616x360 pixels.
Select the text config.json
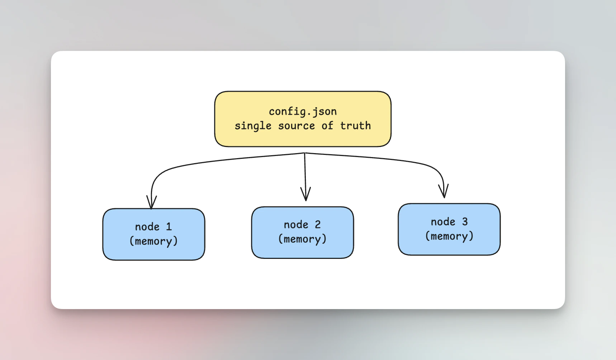pos(303,112)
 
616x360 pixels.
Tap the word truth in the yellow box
pos(355,126)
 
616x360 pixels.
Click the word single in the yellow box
pos(253,126)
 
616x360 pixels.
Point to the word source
pos(296,126)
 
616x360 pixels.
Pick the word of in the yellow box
pos(327,126)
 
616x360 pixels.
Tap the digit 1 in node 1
pos(169,227)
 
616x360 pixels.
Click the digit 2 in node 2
pos(318,224)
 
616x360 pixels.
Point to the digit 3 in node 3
pos(465,222)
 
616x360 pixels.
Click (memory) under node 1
pos(153,241)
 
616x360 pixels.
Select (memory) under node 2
pos(302,239)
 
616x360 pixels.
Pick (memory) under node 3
pos(449,236)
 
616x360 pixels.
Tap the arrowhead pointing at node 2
pos(305,196)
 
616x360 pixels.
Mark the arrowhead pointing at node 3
pos(444,193)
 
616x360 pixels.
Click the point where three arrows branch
pos(304,153)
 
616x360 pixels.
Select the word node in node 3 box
pos(443,222)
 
